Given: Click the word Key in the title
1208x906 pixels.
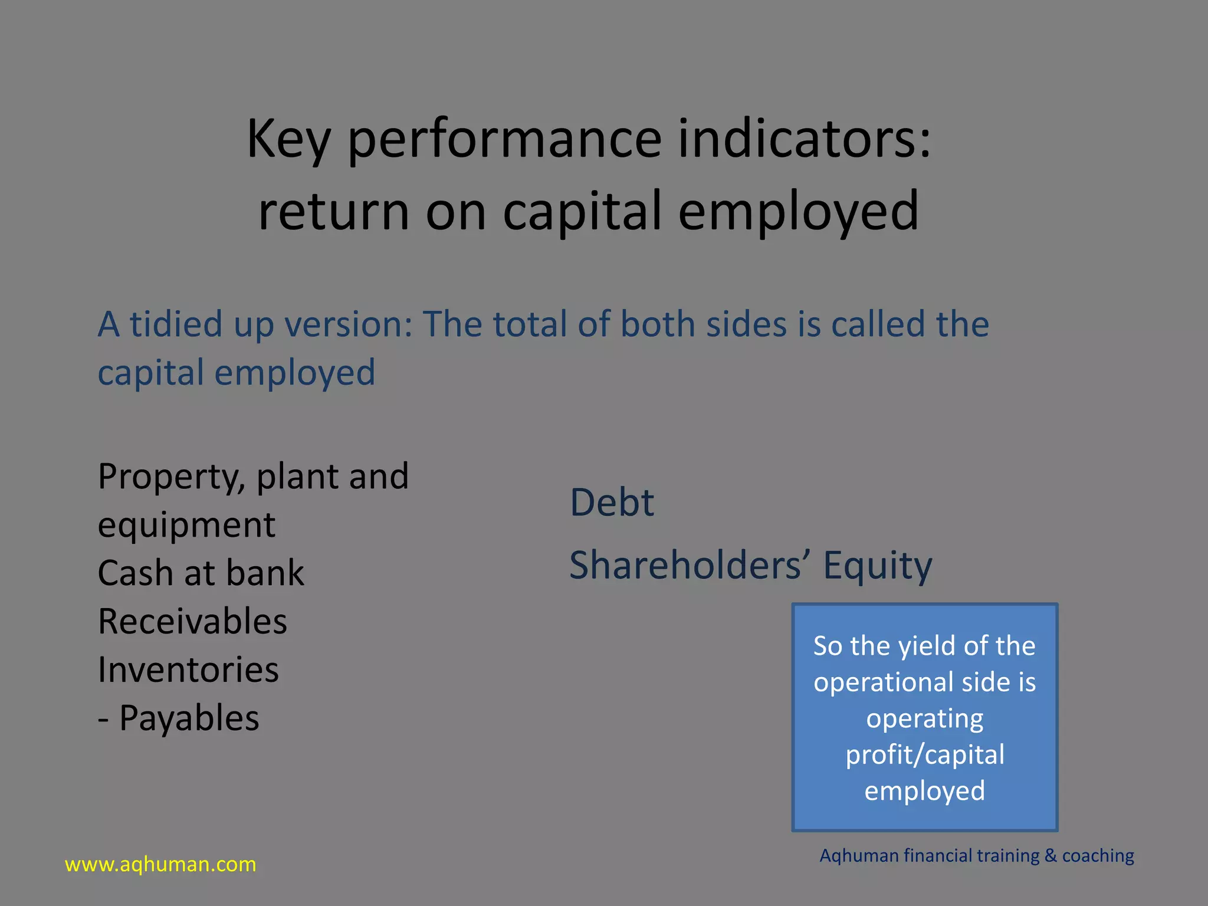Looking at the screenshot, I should [x=288, y=139].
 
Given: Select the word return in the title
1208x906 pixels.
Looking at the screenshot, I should [x=334, y=212].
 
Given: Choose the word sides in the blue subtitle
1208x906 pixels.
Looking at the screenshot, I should [x=746, y=324].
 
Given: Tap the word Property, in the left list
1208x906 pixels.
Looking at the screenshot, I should [x=172, y=477].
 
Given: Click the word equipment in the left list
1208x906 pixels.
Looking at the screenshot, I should [x=186, y=525].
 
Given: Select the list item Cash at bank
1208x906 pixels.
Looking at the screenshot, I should [x=201, y=573].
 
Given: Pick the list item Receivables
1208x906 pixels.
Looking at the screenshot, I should [x=192, y=621].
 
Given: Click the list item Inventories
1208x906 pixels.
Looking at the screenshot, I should [x=188, y=669].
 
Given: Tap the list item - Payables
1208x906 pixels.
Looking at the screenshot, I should [x=178, y=718].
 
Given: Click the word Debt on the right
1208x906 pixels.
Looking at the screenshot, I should [x=612, y=503].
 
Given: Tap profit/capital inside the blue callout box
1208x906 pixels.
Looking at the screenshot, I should [x=925, y=755].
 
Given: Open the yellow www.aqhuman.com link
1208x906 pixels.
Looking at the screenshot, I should [x=160, y=865].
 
